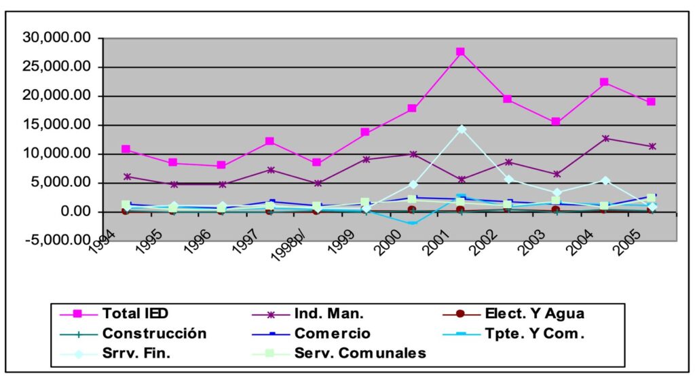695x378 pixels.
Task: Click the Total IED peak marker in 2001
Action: click(460, 52)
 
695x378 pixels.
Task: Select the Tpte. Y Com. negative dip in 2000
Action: click(412, 223)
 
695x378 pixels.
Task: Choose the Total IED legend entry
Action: click(135, 313)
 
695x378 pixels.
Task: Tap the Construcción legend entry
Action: click(154, 334)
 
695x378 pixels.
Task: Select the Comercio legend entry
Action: click(332, 334)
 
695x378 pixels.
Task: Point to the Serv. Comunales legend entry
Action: click(360, 353)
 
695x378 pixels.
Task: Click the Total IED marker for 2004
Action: click(604, 82)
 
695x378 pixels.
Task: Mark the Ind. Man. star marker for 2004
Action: click(604, 139)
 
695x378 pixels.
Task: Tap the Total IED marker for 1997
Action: click(269, 141)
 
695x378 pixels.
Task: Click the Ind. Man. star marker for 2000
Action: click(413, 154)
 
